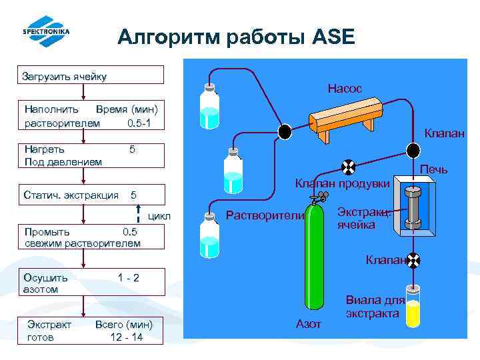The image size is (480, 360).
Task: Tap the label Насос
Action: [345, 88]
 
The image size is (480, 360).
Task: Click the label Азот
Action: [308, 323]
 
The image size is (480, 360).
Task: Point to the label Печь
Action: [433, 169]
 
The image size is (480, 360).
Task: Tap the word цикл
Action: [159, 217]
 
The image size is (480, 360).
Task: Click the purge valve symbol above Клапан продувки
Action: [347, 167]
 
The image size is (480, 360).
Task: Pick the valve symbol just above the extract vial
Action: [413, 259]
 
